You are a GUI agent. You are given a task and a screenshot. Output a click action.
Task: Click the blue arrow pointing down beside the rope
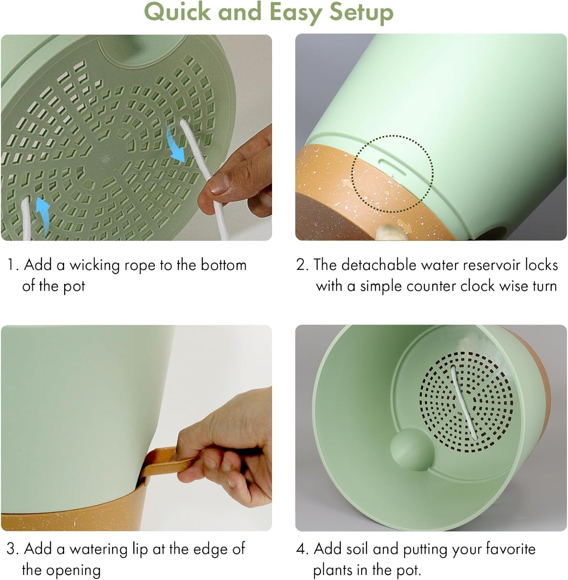pyautogui.click(x=176, y=144)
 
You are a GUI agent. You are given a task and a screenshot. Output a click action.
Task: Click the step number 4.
pyautogui.click(x=301, y=549)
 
